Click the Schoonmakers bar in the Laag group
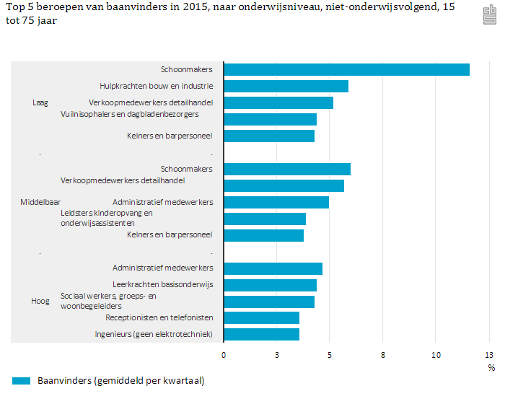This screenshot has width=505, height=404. [x=346, y=69]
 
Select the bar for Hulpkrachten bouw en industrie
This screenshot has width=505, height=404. [x=286, y=86]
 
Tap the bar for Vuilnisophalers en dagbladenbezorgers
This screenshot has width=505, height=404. [x=270, y=119]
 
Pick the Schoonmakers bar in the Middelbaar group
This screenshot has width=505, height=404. [x=287, y=169]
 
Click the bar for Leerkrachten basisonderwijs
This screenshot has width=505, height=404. [x=270, y=285]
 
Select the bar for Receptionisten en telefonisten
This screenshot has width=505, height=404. [x=261, y=317]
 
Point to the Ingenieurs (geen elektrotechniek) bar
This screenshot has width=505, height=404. [x=261, y=334]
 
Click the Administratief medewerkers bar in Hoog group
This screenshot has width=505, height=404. [x=273, y=268]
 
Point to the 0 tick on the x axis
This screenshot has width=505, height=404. [x=224, y=355]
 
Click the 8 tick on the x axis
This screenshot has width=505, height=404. [x=383, y=355]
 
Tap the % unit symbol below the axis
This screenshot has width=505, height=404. [x=491, y=368]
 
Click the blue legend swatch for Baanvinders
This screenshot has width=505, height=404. [x=22, y=381]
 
